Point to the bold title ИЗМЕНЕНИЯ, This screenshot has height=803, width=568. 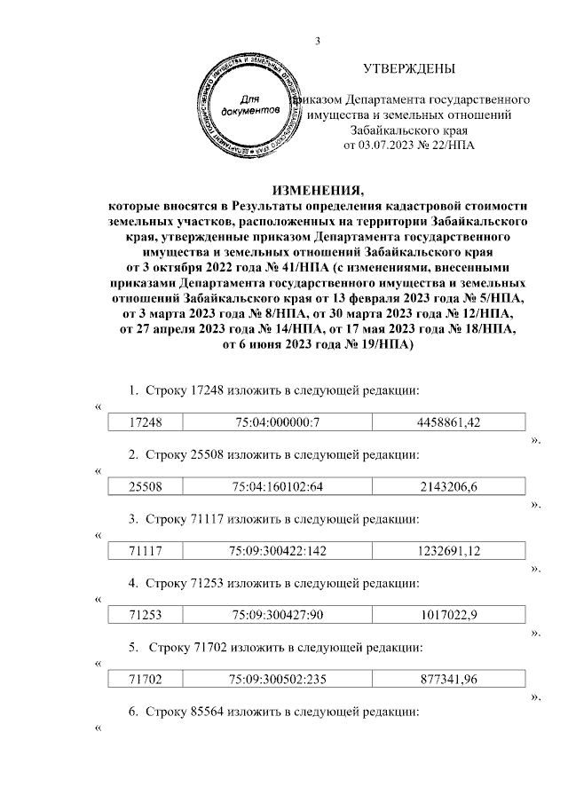[317, 190]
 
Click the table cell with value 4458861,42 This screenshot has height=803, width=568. [448, 423]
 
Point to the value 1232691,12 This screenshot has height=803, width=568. [448, 551]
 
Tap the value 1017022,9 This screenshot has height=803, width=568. [448, 615]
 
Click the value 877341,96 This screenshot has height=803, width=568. [448, 679]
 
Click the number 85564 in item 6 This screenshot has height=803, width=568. [209, 712]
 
